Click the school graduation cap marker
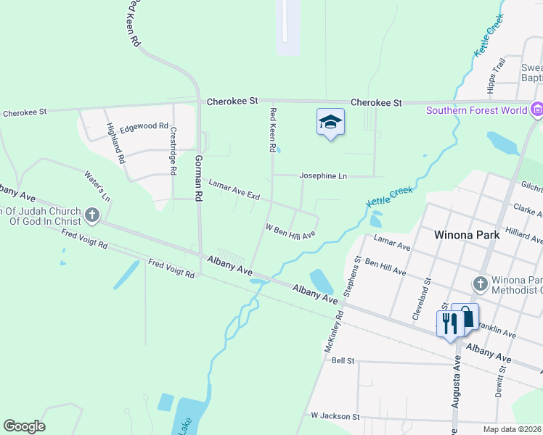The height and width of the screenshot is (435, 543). [330, 123]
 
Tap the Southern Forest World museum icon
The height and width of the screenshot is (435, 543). [537, 111]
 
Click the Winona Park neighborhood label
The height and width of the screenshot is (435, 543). [465, 235]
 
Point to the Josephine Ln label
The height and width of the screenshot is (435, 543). [323, 176]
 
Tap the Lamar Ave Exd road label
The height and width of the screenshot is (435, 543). [234, 190]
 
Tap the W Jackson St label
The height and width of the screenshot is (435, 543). [335, 416]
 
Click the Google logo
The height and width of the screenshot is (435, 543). [24, 426]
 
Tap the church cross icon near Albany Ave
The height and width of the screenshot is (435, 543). [91, 215]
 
